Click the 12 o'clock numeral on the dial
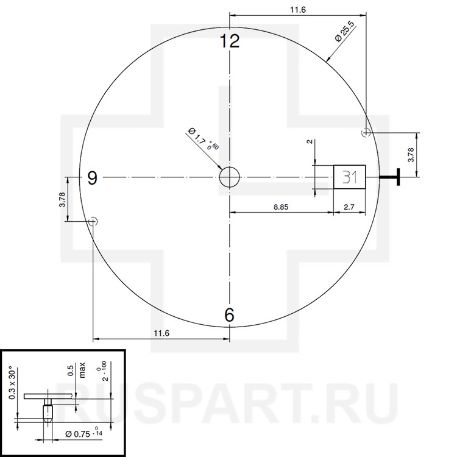click(230, 41)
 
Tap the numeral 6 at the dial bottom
click(229, 315)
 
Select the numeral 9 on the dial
click(93, 178)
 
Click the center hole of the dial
click(229, 177)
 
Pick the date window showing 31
click(350, 177)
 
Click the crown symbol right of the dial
click(390, 177)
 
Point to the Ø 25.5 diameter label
click(345, 32)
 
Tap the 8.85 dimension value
click(281, 207)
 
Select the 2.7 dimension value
click(349, 207)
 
